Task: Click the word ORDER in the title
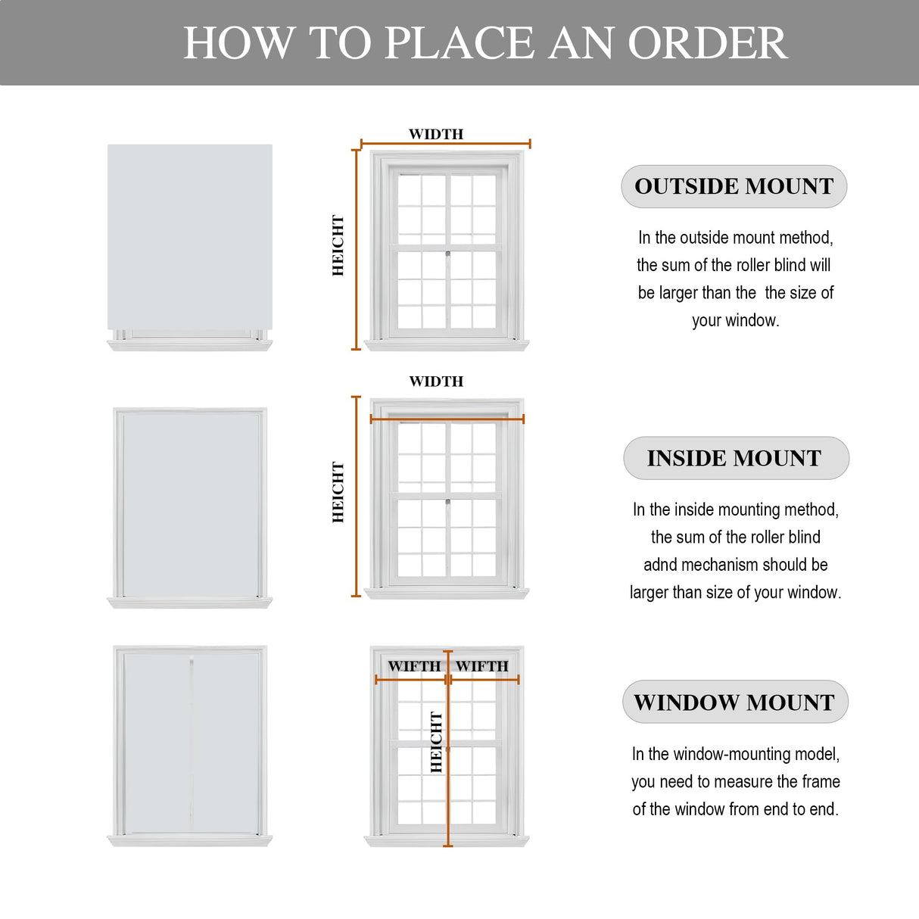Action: click(707, 42)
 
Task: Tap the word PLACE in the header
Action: click(459, 42)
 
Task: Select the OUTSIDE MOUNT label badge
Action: click(734, 186)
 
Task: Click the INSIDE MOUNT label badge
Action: click(736, 458)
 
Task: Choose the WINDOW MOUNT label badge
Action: click(735, 702)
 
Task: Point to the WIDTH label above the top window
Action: click(436, 134)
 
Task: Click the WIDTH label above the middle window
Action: click(436, 382)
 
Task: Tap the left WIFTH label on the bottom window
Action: click(414, 666)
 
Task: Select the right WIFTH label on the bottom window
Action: click(482, 666)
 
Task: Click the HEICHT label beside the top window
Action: click(338, 245)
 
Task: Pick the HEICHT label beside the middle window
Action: click(338, 492)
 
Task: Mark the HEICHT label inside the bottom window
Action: click(436, 742)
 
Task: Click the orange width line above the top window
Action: click(445, 143)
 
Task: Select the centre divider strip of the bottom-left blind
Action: click(192, 742)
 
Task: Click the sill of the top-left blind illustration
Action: click(189, 345)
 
